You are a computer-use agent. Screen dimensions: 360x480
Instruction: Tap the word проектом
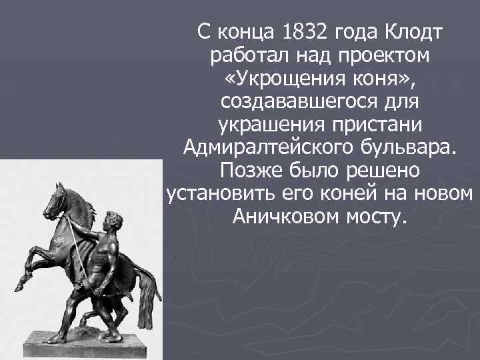(x=377, y=56)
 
